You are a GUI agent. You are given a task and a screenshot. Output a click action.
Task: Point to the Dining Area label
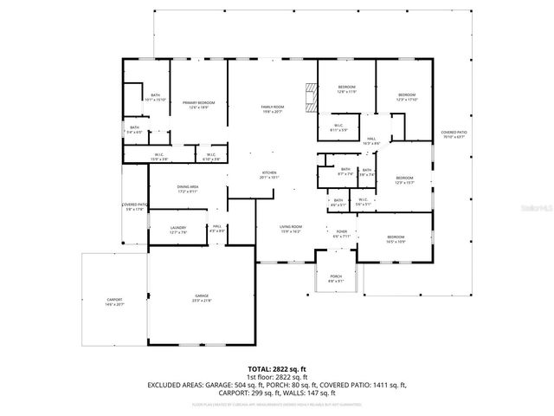(x=188, y=188)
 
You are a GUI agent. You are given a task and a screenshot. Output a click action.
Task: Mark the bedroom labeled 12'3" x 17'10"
(x=407, y=97)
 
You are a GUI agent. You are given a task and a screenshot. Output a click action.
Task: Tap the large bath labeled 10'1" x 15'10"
(x=155, y=97)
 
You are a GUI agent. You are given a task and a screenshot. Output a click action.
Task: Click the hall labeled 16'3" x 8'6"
(x=370, y=141)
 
